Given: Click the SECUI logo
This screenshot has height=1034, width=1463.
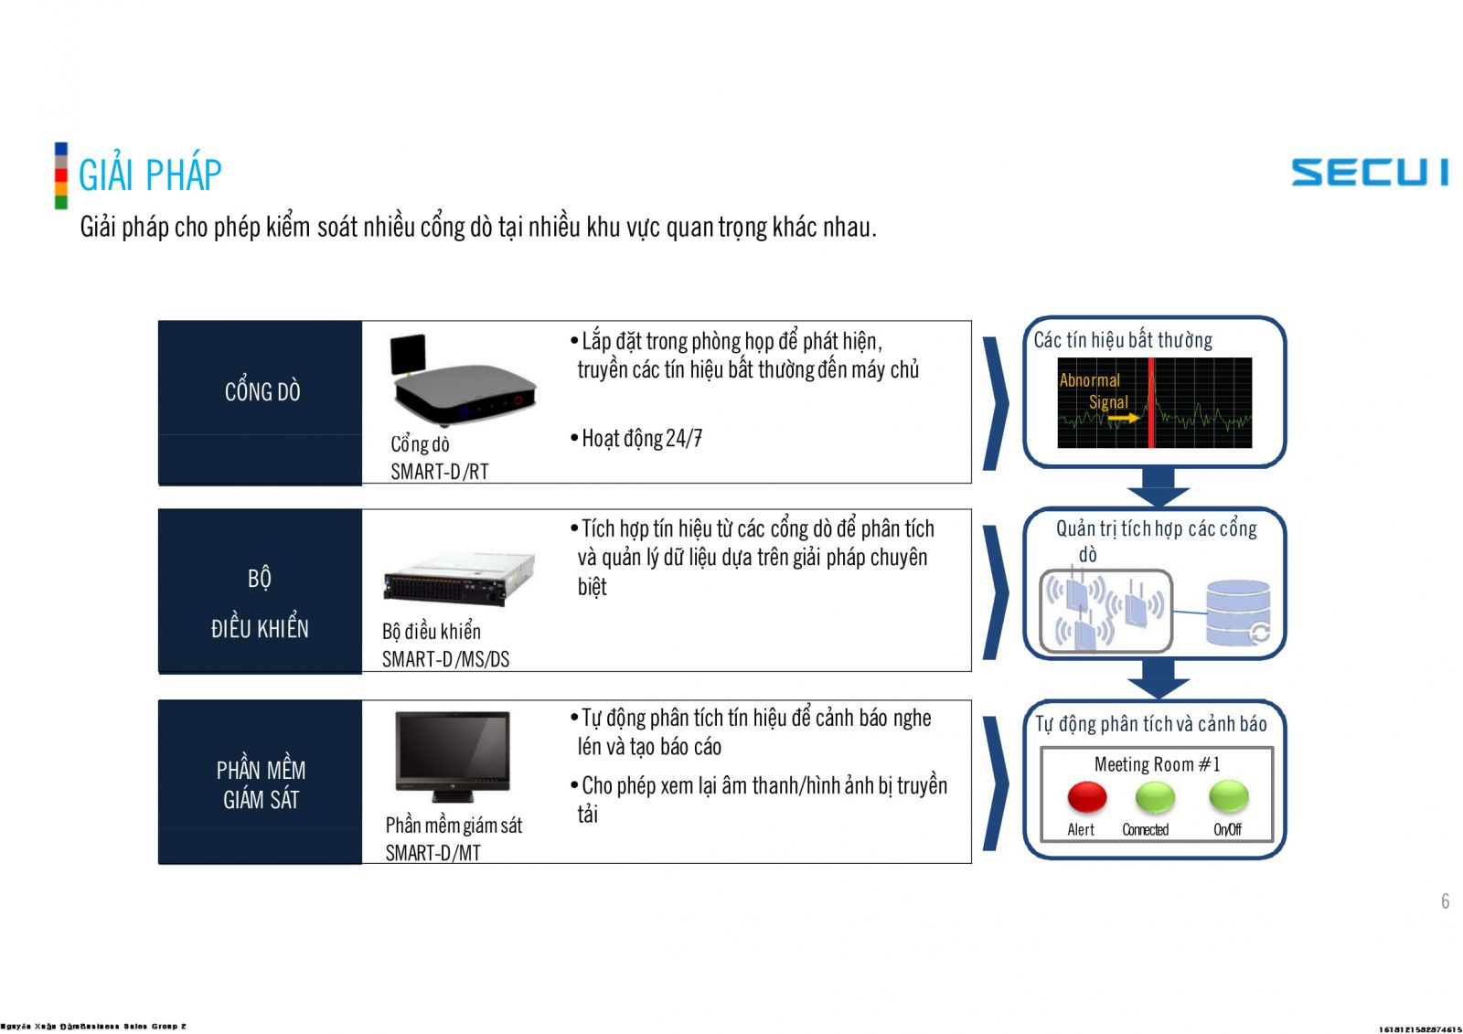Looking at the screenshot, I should point(1369,172).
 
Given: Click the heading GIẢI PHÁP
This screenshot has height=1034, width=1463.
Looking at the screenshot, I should point(150,176).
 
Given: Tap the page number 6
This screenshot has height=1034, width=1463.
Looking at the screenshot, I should point(1445,901).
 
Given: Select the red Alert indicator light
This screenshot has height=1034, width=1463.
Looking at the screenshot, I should point(1086,797).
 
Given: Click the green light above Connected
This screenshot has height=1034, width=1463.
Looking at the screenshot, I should point(1155,797).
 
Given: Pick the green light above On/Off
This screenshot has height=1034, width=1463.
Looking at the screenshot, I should point(1228,797).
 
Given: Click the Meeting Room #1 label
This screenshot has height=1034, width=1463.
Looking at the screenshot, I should point(1157,764).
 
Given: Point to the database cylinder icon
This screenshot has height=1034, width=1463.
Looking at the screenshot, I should point(1237,613).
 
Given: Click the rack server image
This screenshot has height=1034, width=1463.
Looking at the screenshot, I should point(458,580).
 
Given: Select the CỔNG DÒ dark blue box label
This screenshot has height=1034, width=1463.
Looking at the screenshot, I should point(262,392).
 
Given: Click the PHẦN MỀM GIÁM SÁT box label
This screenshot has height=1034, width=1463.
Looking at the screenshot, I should point(261,783).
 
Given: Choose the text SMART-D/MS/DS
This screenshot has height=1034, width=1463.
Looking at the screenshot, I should point(445,659).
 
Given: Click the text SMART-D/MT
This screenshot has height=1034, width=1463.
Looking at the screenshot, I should point(432,853).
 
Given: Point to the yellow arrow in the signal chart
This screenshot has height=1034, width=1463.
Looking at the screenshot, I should point(1124,418).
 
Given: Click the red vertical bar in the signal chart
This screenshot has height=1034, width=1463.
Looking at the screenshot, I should point(1151,403).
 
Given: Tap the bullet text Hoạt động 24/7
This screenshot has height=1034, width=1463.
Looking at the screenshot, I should point(642,439).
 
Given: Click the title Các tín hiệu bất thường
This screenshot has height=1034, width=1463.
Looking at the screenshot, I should point(1123,340).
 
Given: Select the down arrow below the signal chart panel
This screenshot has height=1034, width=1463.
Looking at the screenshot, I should point(1159,485).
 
